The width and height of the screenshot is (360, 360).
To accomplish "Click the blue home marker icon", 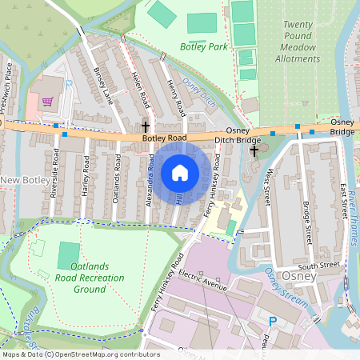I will coord(180,172).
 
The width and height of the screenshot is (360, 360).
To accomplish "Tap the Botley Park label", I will coord(204,46).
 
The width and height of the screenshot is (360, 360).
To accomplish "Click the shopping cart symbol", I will coord(47,102).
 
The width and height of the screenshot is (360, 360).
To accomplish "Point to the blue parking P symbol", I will coord(273,322).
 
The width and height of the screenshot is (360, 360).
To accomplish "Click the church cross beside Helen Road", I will coord(146,126).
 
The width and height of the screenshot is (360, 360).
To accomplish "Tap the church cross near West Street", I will coord(254,150).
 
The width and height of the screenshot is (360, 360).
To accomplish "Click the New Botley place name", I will coord(26,181).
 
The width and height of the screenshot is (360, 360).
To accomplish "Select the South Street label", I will coord(318,264).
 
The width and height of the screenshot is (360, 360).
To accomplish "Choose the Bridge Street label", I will coord(307,220).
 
